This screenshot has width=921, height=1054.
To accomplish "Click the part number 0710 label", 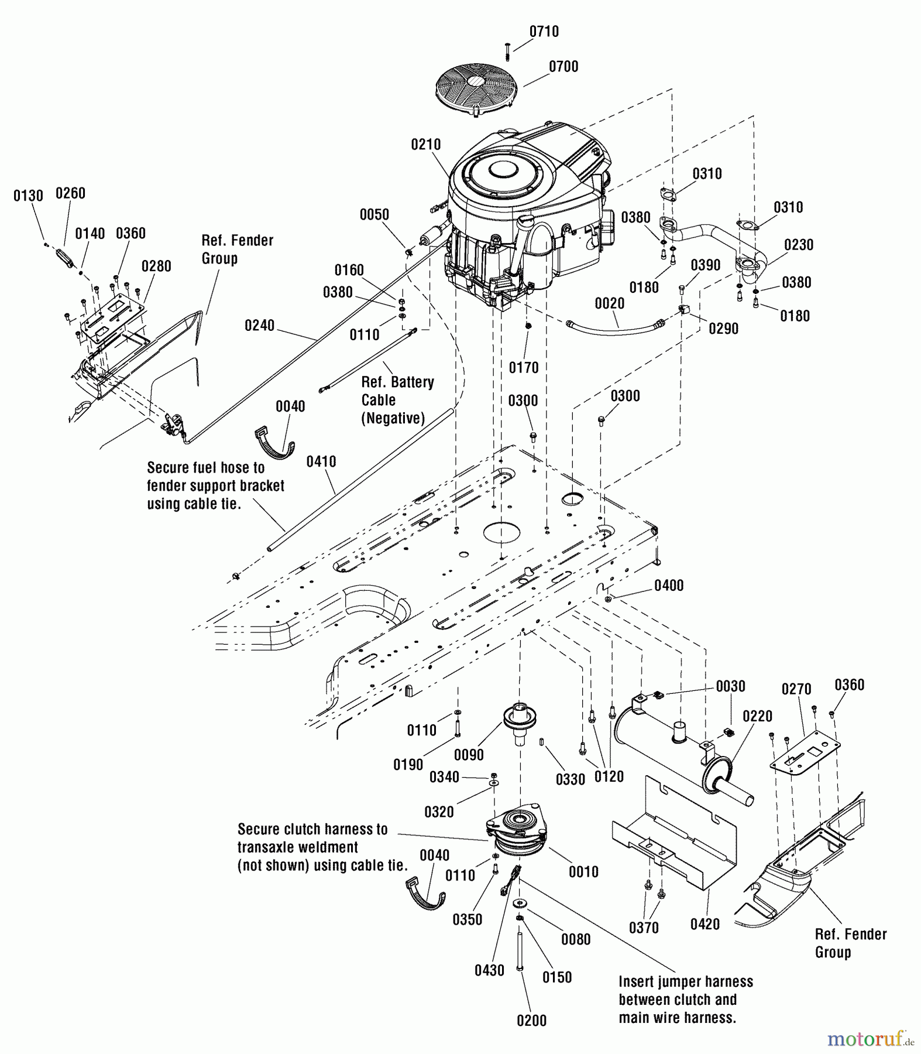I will tap(544, 32).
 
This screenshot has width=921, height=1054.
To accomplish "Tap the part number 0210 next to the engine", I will tap(425, 145).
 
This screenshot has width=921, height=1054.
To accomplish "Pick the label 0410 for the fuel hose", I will tap(321, 462).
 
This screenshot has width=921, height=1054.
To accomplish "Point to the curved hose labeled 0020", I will tap(614, 328).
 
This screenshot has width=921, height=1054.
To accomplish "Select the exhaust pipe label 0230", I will tap(798, 245).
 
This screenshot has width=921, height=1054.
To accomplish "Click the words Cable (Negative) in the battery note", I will tap(392, 409).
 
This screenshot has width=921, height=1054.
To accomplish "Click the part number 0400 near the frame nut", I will tap(668, 586).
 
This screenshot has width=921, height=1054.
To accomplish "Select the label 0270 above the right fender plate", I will tap(796, 689).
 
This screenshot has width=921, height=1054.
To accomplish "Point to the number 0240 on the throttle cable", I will tap(259, 326).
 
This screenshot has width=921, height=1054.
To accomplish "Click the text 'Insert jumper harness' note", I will tap(685, 982).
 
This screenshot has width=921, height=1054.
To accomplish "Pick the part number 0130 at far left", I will tap(28, 196).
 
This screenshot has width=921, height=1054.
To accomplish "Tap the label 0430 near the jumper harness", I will tap(489, 970).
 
